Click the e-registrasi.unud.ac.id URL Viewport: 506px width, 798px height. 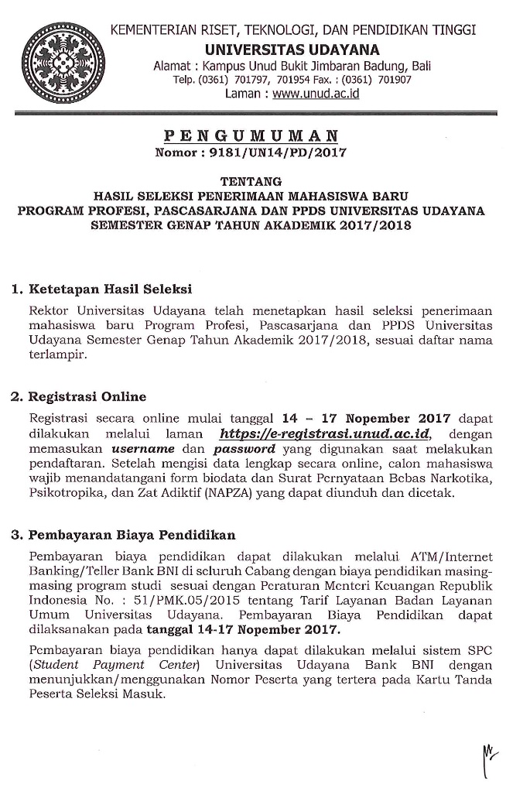point(324,434)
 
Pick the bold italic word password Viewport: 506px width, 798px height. point(244,448)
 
